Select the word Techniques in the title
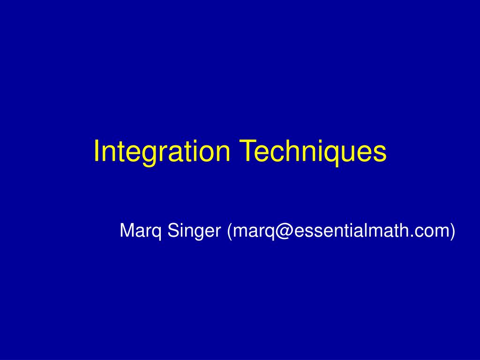pyautogui.click(x=314, y=151)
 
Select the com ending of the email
pyautogui.click(x=434, y=231)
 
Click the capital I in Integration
pyautogui.click(x=97, y=151)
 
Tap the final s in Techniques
pyautogui.click(x=381, y=153)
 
